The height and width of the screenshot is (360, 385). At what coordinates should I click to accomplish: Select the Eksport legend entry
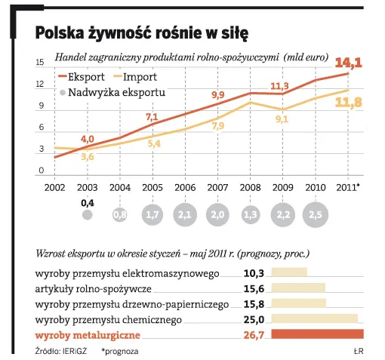[85, 77]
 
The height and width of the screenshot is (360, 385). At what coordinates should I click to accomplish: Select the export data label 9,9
[217, 94]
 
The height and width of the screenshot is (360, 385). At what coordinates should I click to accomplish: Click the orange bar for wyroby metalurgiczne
[317, 334]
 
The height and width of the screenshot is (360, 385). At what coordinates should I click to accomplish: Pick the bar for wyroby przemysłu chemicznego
[314, 320]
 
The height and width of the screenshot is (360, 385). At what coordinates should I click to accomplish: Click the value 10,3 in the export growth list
[253, 272]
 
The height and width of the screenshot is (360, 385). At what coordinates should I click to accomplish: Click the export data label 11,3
[280, 85]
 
